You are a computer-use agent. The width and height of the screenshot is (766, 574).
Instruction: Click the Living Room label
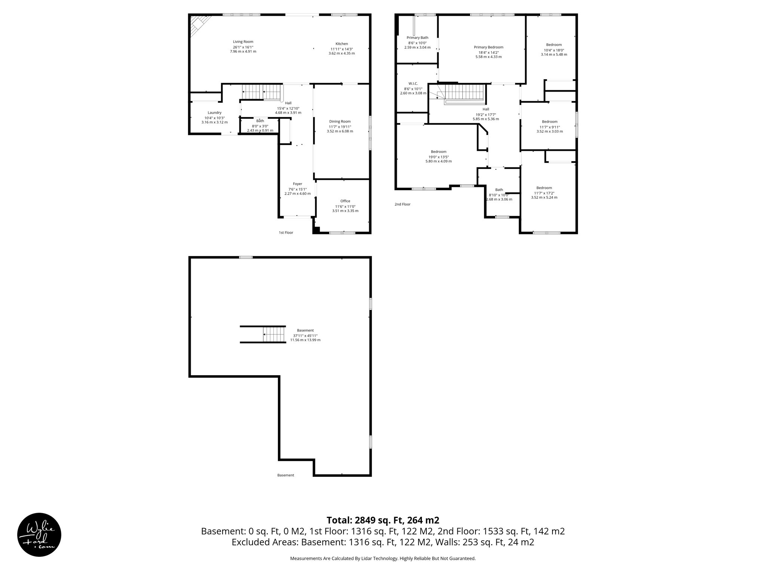point(243,42)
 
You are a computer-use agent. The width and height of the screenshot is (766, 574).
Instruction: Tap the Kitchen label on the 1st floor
point(341,44)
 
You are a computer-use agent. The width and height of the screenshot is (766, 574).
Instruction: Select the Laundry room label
point(214,113)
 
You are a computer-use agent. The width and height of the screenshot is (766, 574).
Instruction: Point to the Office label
point(345,201)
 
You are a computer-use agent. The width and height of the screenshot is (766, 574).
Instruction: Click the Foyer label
point(297,184)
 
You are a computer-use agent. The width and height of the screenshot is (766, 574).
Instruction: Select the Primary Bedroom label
point(488,47)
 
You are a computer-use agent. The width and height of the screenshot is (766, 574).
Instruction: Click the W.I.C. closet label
point(413,83)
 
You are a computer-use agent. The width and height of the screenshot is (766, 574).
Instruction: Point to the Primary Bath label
point(417,38)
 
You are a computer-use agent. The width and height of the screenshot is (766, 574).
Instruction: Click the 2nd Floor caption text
point(402,204)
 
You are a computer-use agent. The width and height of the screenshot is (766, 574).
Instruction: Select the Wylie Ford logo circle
point(39,534)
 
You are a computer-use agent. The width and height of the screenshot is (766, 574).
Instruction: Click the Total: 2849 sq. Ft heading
point(383,520)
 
